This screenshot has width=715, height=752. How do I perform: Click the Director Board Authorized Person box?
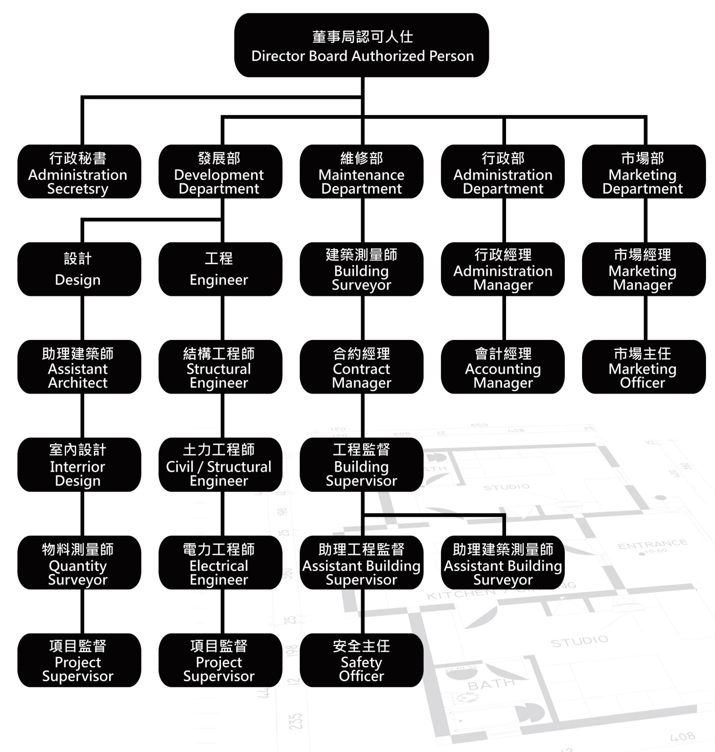362,45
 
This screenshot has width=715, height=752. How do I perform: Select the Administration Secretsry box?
79,172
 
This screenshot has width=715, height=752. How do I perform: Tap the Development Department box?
220,172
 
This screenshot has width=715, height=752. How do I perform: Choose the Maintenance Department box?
362,172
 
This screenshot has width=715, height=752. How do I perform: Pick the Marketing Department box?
643,172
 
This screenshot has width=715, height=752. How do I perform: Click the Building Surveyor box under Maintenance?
362,269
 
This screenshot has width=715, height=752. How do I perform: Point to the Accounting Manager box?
502,367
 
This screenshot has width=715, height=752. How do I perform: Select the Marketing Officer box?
643,367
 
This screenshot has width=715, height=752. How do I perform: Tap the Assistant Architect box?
79,367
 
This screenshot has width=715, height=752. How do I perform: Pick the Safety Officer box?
362,660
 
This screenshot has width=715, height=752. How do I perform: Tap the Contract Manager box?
362,367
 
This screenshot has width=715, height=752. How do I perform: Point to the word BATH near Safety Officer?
491,684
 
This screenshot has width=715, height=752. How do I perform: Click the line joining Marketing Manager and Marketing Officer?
645,318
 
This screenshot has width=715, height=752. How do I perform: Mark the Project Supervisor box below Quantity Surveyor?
79,660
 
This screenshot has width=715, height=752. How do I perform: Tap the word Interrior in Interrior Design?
77,467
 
